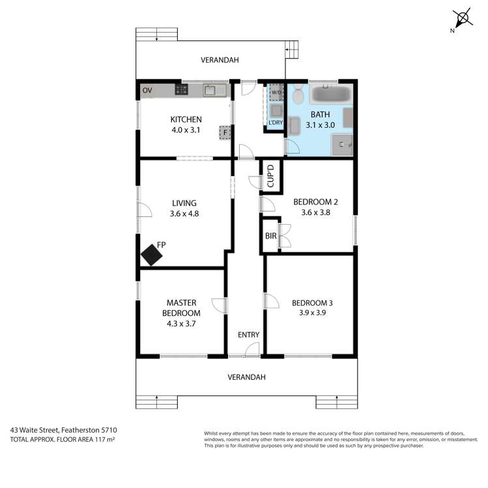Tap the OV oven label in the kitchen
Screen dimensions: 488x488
click(x=147, y=91)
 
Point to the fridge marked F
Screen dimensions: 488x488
click(x=225, y=132)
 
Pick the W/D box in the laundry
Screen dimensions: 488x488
click(x=277, y=92)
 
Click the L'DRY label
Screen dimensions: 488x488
click(x=275, y=123)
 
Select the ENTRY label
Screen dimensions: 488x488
click(x=248, y=335)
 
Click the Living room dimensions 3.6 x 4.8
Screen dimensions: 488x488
click(x=184, y=213)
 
